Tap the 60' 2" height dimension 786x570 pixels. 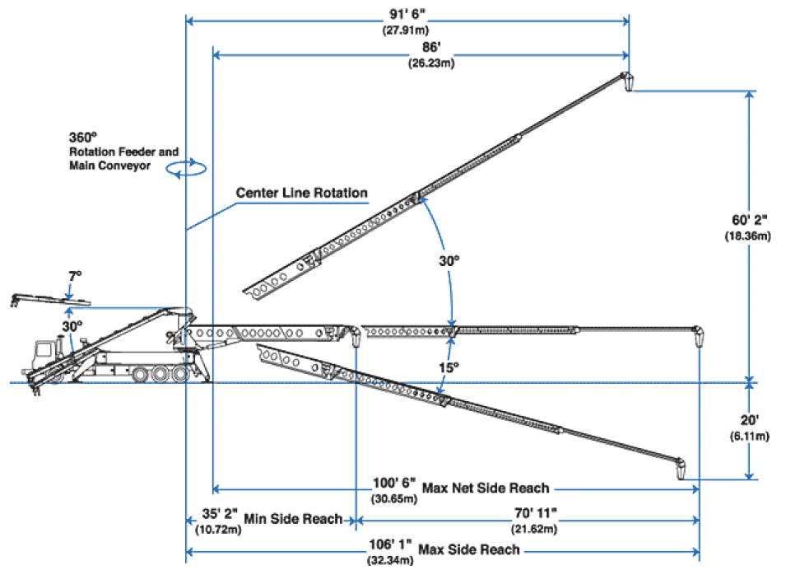tap(746, 220)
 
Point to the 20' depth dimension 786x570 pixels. tap(747, 418)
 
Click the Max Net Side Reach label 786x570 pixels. tap(485, 488)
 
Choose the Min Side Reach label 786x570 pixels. tap(292, 518)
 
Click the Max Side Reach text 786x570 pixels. tap(469, 549)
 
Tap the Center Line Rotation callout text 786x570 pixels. tap(301, 193)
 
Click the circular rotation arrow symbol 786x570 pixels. tap(186, 167)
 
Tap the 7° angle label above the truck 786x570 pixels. tap(74, 278)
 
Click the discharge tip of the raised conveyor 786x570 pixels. tap(628, 82)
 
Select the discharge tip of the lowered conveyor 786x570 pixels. tap(681, 469)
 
